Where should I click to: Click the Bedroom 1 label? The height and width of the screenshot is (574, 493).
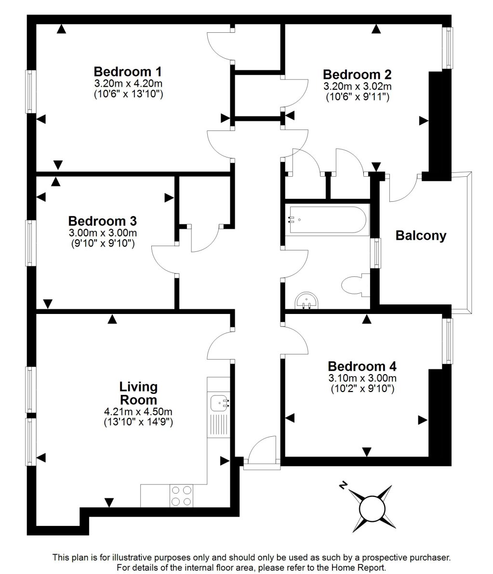[128, 72]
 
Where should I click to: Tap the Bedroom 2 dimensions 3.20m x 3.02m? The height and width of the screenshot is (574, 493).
[357, 86]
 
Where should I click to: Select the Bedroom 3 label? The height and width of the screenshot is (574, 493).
[102, 221]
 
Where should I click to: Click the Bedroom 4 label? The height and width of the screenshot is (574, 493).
[362, 366]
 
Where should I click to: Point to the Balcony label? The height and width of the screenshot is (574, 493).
[421, 235]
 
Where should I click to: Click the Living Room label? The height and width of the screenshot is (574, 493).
[138, 393]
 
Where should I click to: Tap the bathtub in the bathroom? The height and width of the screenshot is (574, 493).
[327, 220]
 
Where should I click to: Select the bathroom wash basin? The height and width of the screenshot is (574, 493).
[306, 300]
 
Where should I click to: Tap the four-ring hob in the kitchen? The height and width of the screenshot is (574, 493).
[181, 496]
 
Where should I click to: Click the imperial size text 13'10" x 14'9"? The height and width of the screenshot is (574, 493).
[138, 422]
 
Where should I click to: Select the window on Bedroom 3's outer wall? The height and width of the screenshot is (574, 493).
[31, 243]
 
